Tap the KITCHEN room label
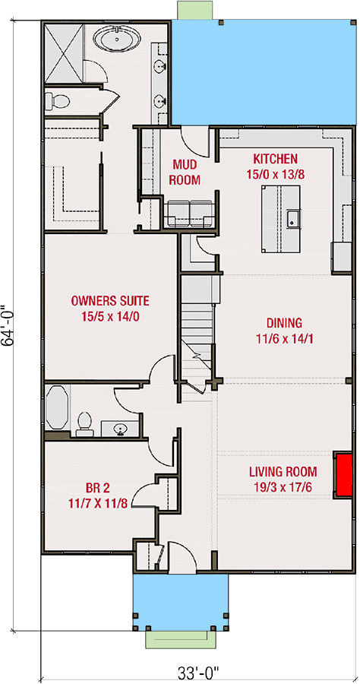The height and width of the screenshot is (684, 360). click(x=275, y=159)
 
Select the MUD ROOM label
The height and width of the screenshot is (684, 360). click(x=186, y=173)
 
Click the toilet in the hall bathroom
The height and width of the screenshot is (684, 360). click(x=84, y=423)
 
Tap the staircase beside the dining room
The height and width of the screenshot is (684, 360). click(x=197, y=319)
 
